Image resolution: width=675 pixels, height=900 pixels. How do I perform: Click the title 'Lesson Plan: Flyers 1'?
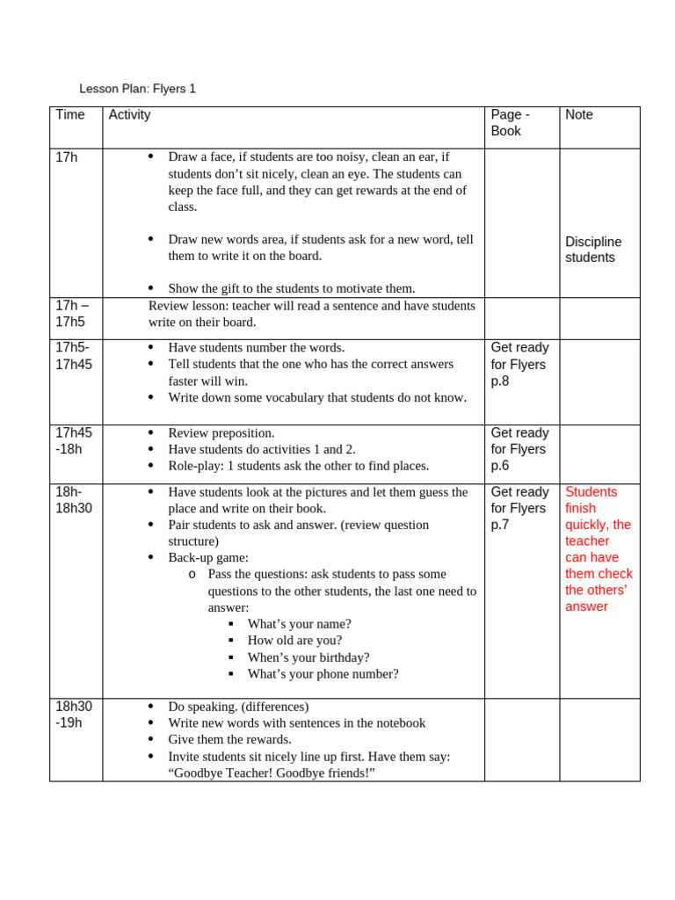[137, 89]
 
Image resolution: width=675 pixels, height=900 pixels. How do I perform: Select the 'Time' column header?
[70, 115]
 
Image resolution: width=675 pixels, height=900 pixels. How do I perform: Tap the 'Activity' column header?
[129, 115]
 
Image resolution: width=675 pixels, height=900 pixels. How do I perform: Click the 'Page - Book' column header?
[510, 123]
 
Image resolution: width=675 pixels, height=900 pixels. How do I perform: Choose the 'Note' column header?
[579, 115]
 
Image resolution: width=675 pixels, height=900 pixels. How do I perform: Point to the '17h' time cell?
[67, 157]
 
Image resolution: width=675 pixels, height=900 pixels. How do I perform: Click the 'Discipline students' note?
[593, 250]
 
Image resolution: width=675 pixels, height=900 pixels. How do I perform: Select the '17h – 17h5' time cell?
[72, 314]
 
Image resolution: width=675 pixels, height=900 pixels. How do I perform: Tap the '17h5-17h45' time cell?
[74, 356]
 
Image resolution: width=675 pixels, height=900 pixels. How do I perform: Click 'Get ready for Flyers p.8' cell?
[519, 364]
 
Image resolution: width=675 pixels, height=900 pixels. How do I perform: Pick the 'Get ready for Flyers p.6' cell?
[519, 449]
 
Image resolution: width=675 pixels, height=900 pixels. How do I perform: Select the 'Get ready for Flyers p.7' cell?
[519, 508]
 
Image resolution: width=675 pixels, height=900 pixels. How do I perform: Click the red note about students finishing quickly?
[599, 548]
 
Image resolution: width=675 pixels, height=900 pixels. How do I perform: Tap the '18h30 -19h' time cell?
[74, 715]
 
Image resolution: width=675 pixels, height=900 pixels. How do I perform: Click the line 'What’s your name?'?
[299, 624]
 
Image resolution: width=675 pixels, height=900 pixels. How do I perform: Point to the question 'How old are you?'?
[294, 641]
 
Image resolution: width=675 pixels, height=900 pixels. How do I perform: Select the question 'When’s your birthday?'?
[308, 657]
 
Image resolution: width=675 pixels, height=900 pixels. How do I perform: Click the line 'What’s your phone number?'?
[323, 674]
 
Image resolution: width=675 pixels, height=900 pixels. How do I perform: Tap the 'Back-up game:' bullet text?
[208, 557]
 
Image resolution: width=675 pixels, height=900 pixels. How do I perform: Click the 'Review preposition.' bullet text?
[221, 432]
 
